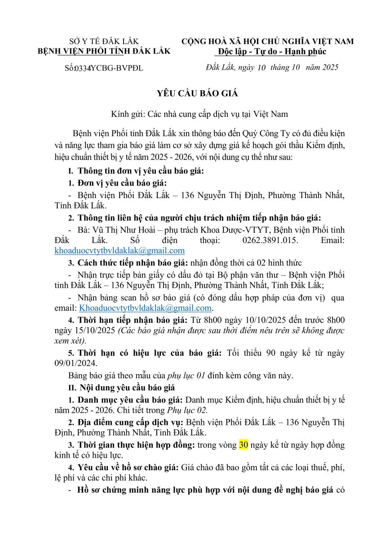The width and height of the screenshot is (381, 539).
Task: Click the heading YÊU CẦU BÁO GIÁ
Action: pyautogui.click(x=191, y=93)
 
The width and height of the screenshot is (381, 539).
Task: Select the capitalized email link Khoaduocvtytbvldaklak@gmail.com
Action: pyautogui.click(x=145, y=308)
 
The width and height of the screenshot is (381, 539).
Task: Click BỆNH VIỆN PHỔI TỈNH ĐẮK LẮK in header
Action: pyautogui.click(x=104, y=51)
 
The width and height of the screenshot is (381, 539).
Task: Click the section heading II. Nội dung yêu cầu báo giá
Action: pyautogui.click(x=121, y=387)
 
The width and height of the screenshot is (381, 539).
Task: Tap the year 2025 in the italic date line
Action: pyautogui.click(x=328, y=68)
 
